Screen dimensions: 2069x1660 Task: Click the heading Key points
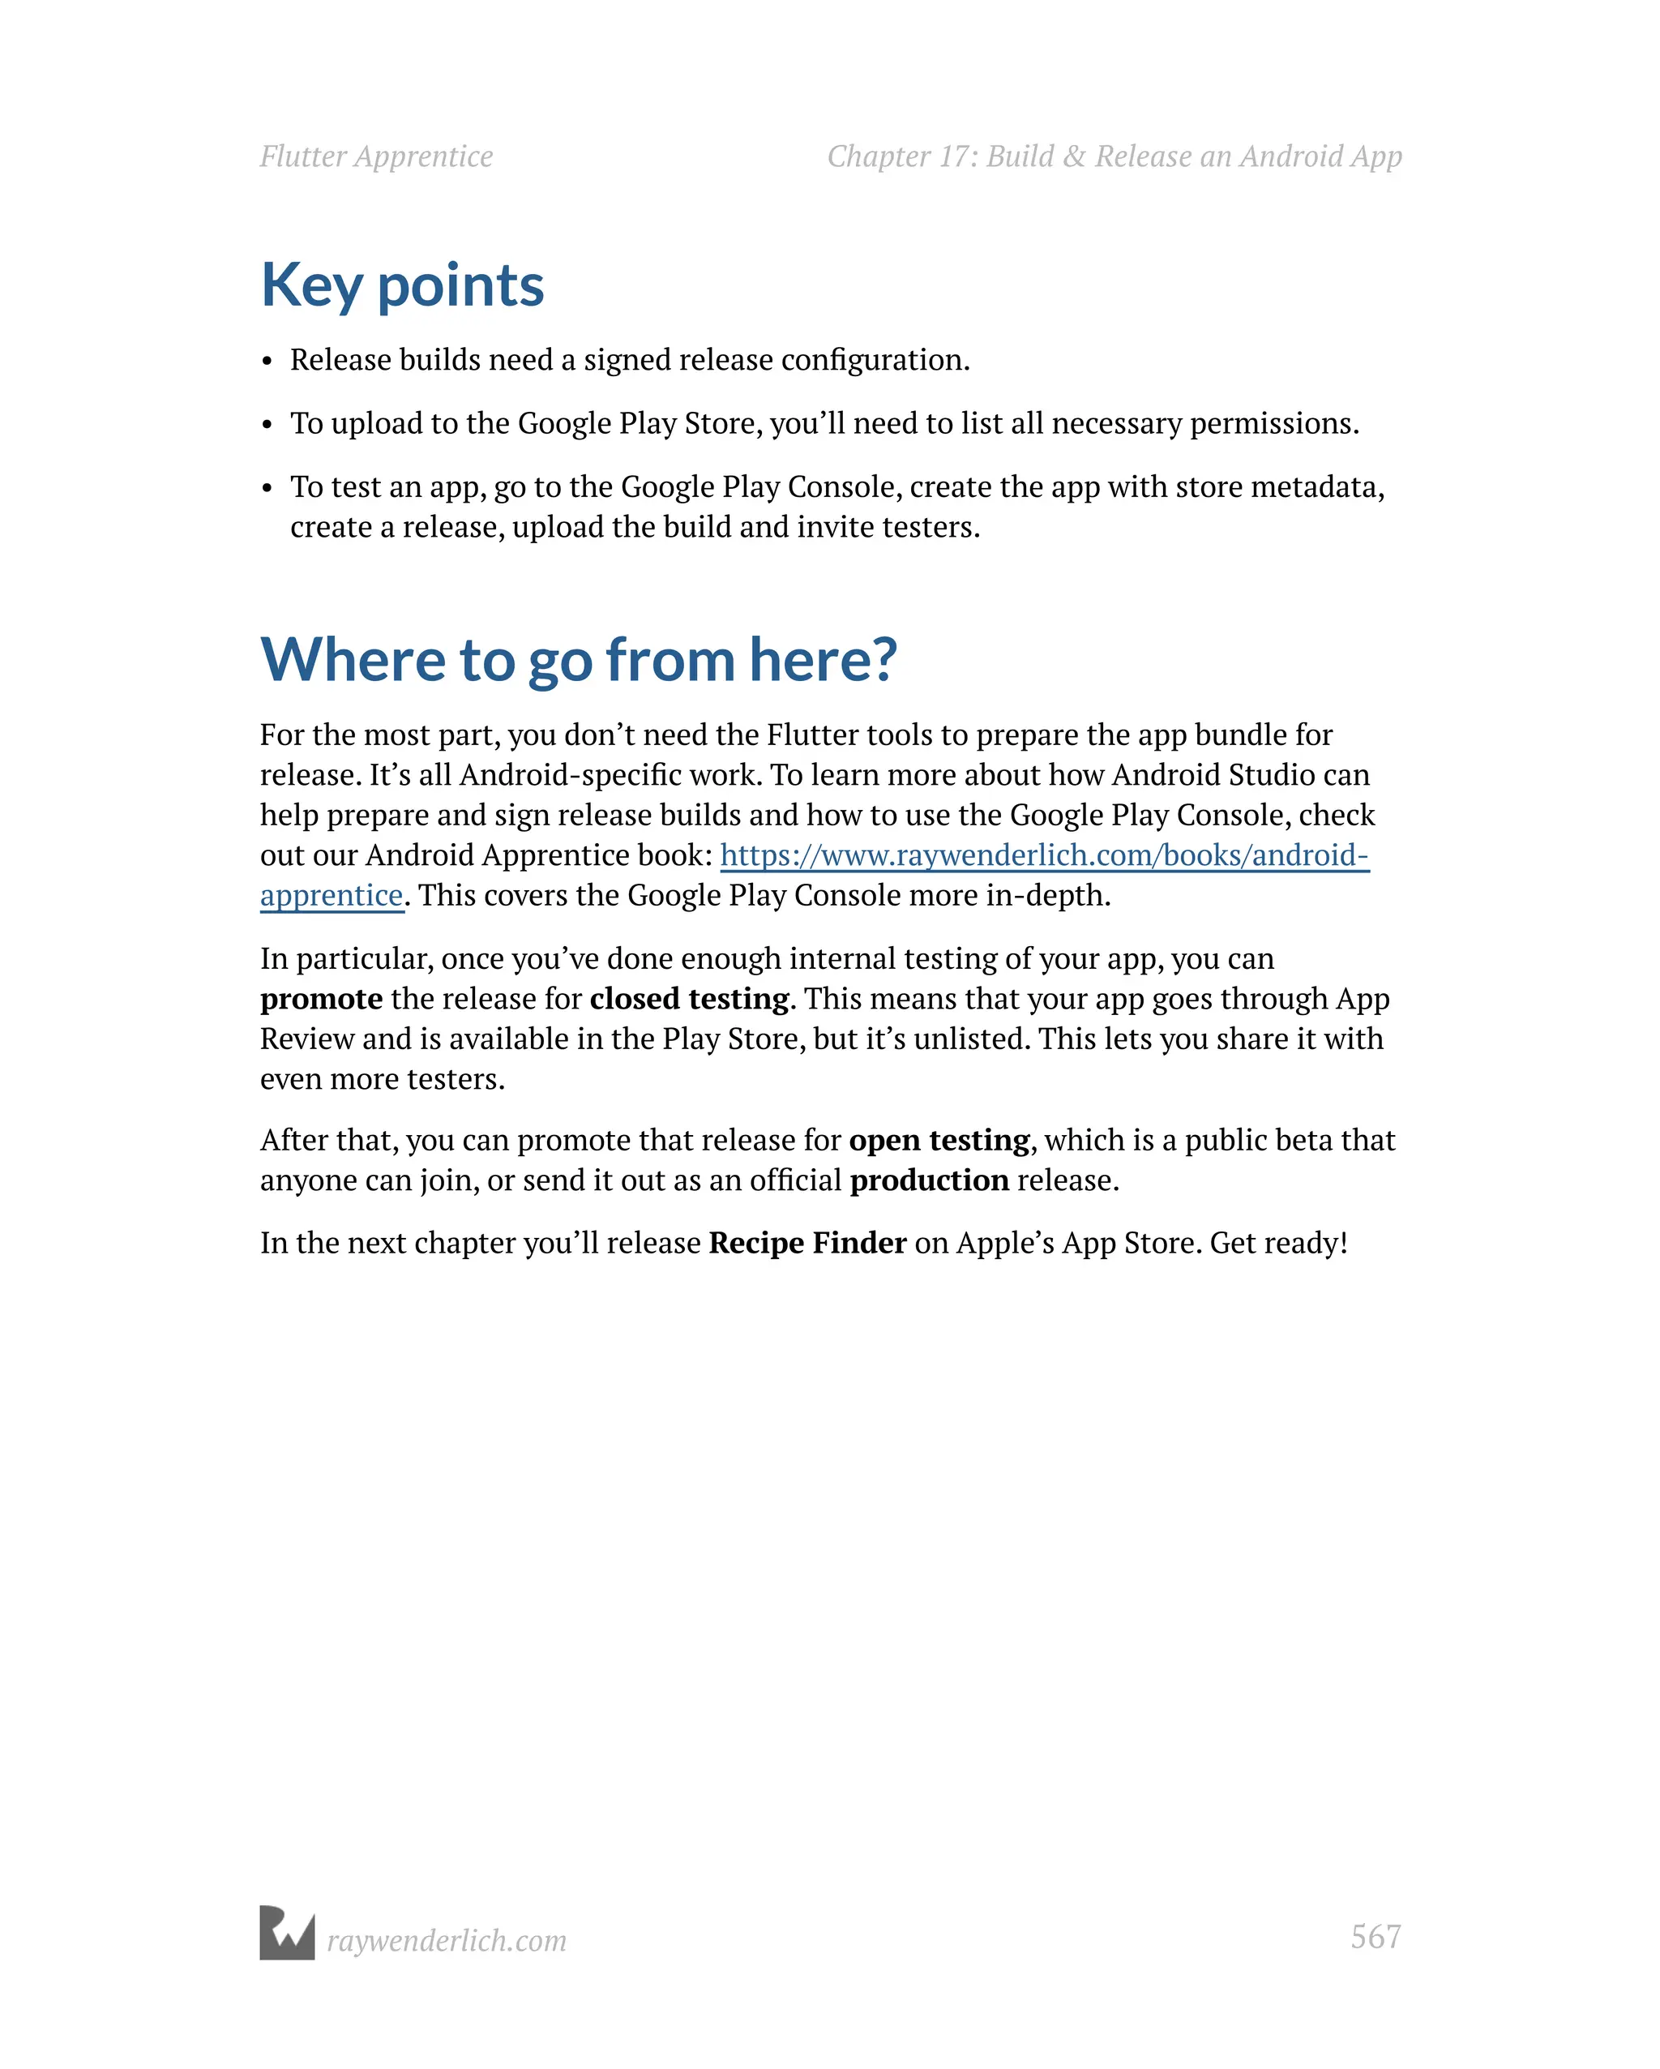(402, 286)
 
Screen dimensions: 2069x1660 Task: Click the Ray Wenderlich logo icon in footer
(287, 1933)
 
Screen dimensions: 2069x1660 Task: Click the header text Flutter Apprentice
(376, 156)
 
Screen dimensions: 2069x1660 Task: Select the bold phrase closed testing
(689, 999)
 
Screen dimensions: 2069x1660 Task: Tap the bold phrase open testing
(939, 1140)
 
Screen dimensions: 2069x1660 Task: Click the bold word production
(929, 1180)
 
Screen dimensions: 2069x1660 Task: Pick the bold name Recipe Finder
(807, 1243)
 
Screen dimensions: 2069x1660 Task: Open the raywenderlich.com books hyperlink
(1044, 855)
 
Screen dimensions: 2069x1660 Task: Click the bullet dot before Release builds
(267, 362)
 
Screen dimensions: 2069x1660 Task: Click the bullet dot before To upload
(267, 425)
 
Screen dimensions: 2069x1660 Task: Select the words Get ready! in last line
(1278, 1243)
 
